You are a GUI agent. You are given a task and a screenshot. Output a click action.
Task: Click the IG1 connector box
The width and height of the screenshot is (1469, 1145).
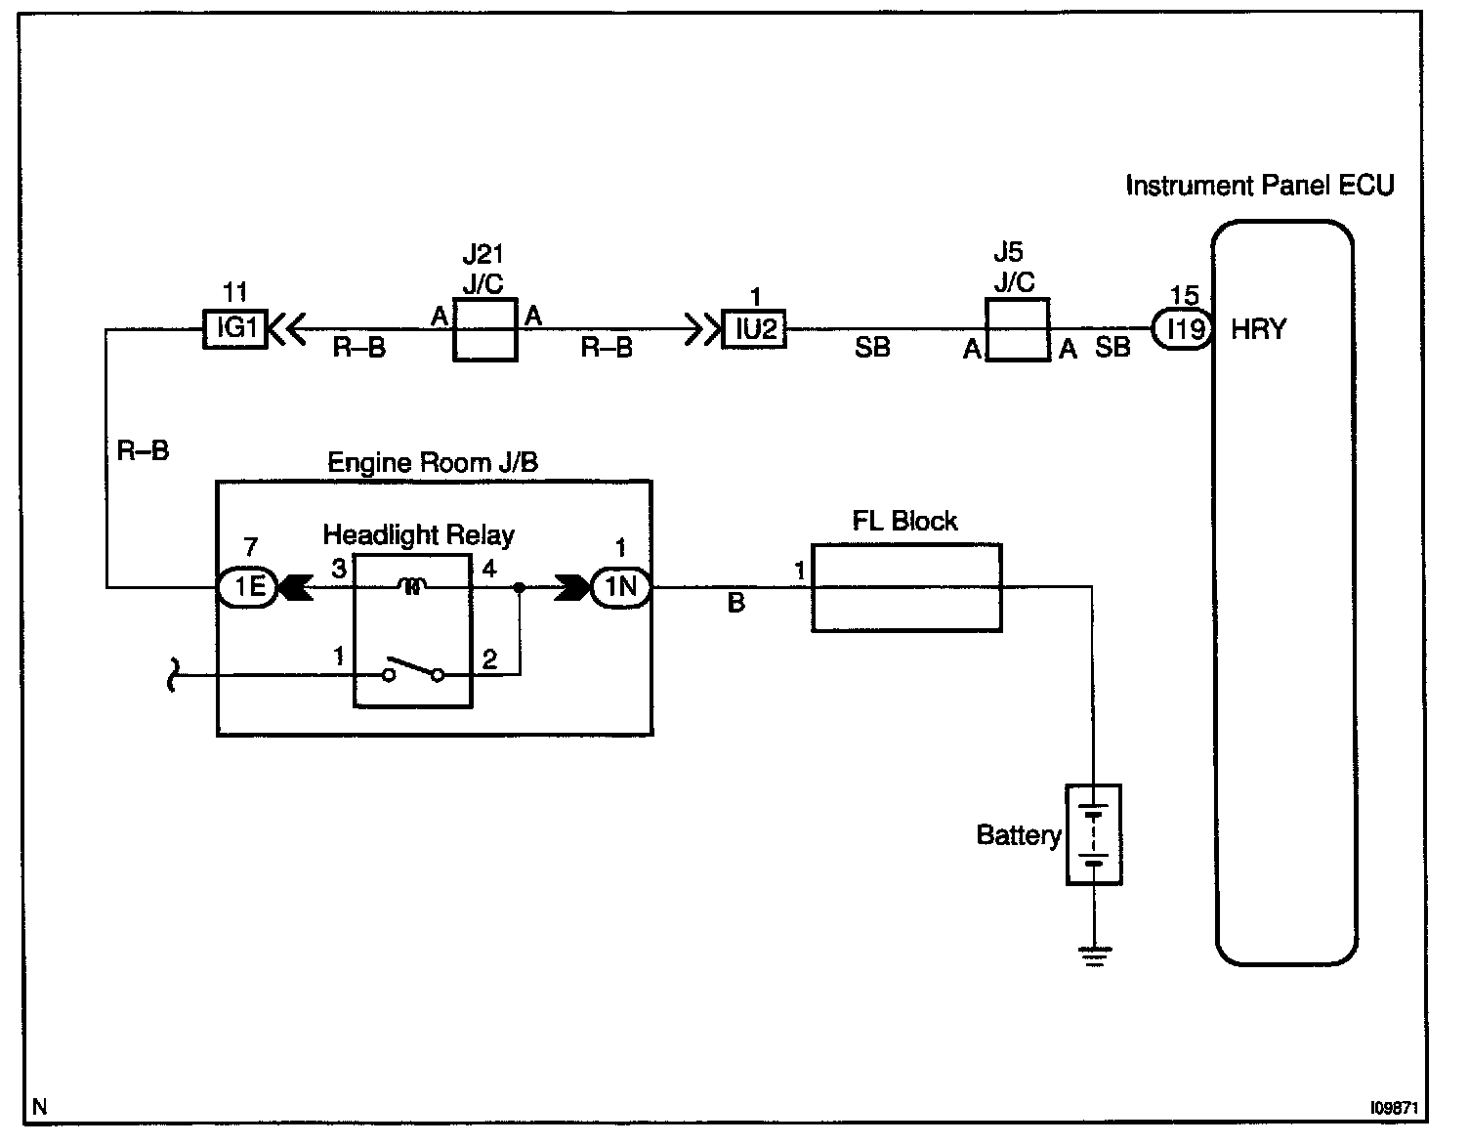(x=234, y=329)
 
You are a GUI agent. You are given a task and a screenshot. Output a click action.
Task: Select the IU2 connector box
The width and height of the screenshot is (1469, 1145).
(x=754, y=329)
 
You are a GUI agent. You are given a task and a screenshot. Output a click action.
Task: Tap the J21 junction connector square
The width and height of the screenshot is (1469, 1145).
(x=484, y=330)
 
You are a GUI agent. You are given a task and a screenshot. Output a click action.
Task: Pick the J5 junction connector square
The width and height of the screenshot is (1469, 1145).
(x=1018, y=330)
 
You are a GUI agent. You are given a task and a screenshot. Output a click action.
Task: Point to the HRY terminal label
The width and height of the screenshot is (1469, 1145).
(x=1258, y=329)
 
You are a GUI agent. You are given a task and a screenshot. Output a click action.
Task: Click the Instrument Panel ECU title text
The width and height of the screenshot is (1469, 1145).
(x=1259, y=186)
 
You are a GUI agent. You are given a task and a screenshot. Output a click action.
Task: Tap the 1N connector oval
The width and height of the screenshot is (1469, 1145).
(x=621, y=587)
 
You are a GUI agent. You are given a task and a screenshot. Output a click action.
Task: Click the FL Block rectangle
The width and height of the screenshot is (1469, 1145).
(x=906, y=587)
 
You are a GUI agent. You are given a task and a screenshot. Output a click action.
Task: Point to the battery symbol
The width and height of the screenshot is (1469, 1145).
(x=1094, y=835)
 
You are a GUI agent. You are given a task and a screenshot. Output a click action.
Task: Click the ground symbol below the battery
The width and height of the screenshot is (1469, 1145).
(x=1094, y=956)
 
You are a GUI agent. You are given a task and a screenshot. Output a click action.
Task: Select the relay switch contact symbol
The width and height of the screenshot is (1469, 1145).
(x=413, y=672)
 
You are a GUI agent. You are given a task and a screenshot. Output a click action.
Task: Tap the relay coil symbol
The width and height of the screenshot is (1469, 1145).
(x=413, y=587)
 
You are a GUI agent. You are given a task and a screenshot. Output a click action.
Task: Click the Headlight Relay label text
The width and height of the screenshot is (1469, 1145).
(x=418, y=535)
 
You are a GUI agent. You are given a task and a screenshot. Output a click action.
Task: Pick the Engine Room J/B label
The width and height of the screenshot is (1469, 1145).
(x=433, y=462)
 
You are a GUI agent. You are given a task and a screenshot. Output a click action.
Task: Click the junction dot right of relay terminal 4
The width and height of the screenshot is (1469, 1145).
(x=520, y=588)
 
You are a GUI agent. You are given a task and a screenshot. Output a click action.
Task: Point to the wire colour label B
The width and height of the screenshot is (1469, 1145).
(x=736, y=605)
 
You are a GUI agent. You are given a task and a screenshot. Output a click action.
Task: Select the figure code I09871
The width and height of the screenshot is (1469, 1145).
(x=1393, y=1108)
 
